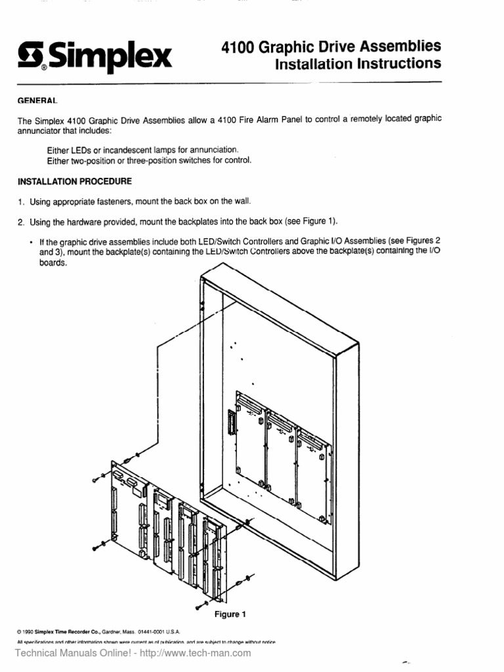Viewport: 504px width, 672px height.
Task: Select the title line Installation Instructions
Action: click(x=357, y=64)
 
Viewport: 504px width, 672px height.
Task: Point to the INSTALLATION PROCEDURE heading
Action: click(x=74, y=181)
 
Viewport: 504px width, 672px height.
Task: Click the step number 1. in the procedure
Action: click(x=21, y=201)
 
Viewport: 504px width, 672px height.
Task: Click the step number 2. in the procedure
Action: click(x=21, y=221)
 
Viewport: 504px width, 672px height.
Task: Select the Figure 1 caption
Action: click(x=230, y=614)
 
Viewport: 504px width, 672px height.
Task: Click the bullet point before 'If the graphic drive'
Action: click(x=31, y=242)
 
